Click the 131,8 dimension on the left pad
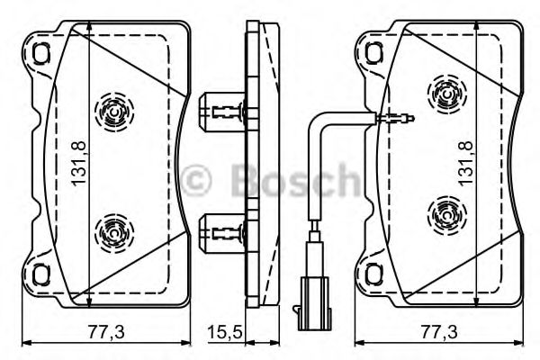tap(78, 163)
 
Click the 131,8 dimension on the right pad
tap(466, 163)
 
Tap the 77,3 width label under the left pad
tap(105, 332)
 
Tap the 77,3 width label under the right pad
tap(440, 332)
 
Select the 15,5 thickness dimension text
tap(226, 332)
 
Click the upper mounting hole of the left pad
tap(42, 53)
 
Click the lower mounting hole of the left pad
tap(42, 274)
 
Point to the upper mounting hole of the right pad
tap(374, 53)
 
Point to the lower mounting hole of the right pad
tap(374, 274)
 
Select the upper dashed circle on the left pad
tap(114, 112)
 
